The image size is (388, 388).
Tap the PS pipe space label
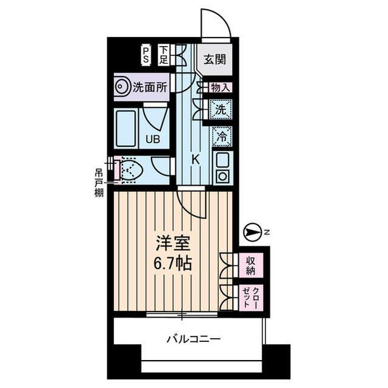pos(146,55)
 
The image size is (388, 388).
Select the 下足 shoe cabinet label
pos(164,55)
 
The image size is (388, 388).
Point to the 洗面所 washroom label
pos(150,87)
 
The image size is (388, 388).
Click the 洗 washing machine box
pos(221,110)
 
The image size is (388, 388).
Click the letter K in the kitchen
pos(195,159)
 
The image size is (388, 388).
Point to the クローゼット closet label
pos(250,299)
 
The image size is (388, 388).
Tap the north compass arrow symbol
pos(251,231)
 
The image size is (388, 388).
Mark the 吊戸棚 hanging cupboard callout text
pos(98,183)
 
